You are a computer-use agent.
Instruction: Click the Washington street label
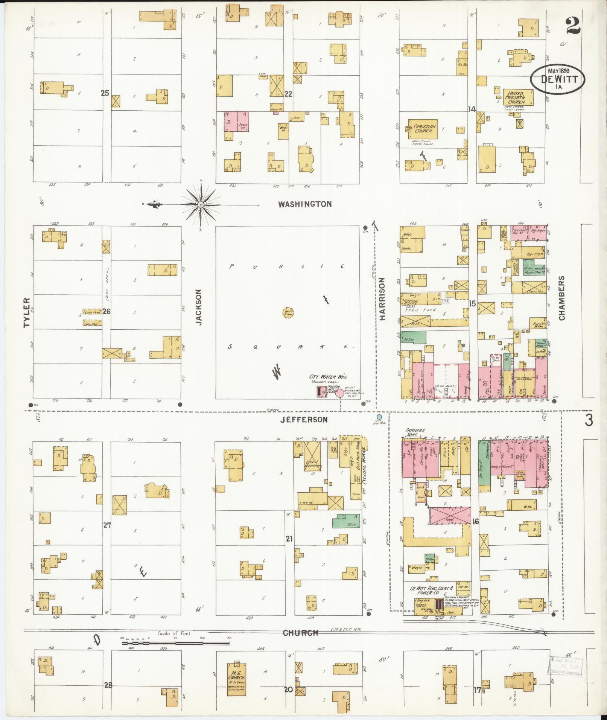pyautogui.click(x=305, y=204)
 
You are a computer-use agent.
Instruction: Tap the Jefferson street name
pyautogui.click(x=304, y=419)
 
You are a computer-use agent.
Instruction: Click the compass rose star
pyautogui.click(x=201, y=204)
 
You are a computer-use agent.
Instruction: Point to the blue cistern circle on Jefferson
pyautogui.click(x=379, y=417)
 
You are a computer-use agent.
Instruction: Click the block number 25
pyautogui.click(x=105, y=93)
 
